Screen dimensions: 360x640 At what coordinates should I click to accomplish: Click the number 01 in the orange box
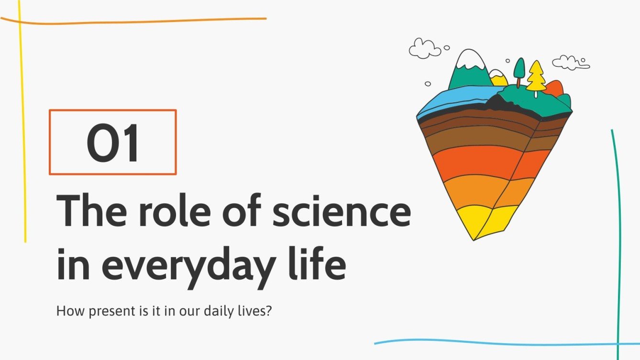click(x=113, y=143)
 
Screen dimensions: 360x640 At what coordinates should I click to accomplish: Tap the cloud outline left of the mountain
click(x=424, y=48)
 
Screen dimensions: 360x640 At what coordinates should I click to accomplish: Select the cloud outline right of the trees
click(x=569, y=62)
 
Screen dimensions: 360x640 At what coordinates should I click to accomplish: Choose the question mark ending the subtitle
click(x=269, y=311)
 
